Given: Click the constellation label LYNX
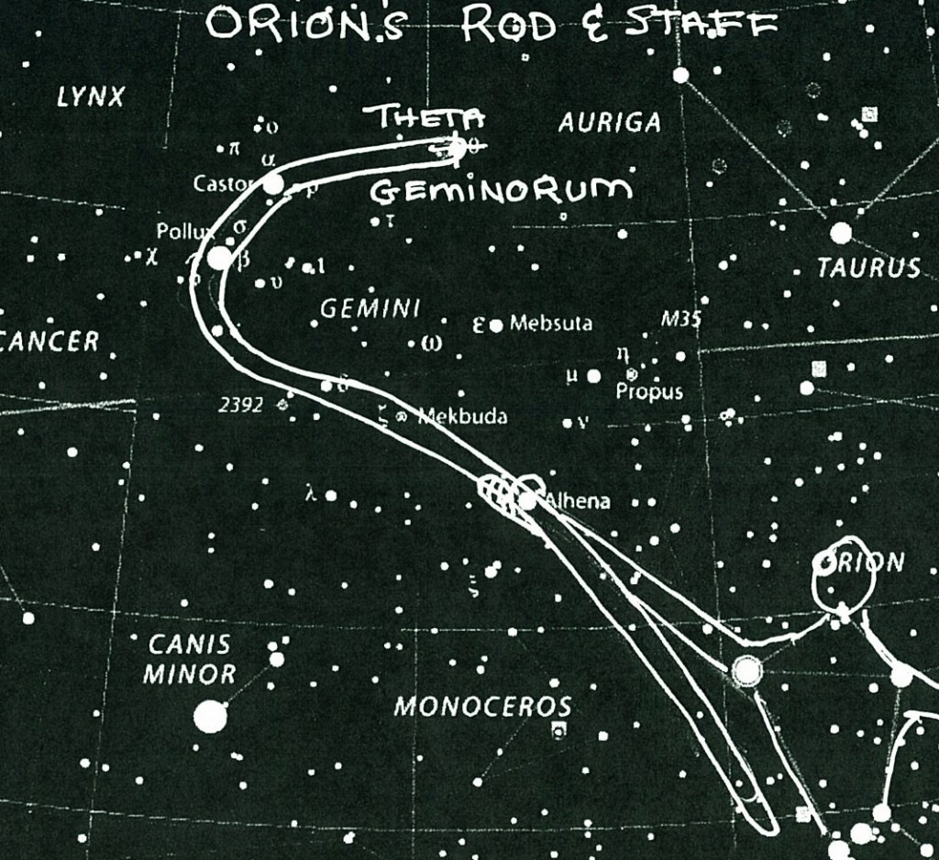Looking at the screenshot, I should point(90,97).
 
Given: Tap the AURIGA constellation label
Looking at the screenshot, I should point(610,122).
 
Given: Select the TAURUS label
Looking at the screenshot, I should point(868,268).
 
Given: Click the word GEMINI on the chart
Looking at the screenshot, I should point(370,309).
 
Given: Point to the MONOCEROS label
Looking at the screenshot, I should point(482,707).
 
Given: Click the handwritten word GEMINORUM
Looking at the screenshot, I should point(501,190).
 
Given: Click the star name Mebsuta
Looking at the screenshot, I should point(551,324).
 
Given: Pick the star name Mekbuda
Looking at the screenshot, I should point(462,417).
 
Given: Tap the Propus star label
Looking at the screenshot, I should point(649,391).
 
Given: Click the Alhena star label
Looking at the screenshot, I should point(578,502).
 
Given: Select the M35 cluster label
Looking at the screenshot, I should point(680,320).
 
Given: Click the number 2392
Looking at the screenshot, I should point(241,404).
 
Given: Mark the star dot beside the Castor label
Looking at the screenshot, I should point(273,183).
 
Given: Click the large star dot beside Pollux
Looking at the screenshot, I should point(219,258).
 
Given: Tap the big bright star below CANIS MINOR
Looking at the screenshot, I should point(210,716).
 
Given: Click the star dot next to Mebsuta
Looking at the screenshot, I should point(496,325).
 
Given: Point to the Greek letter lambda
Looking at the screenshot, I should point(311,495).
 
